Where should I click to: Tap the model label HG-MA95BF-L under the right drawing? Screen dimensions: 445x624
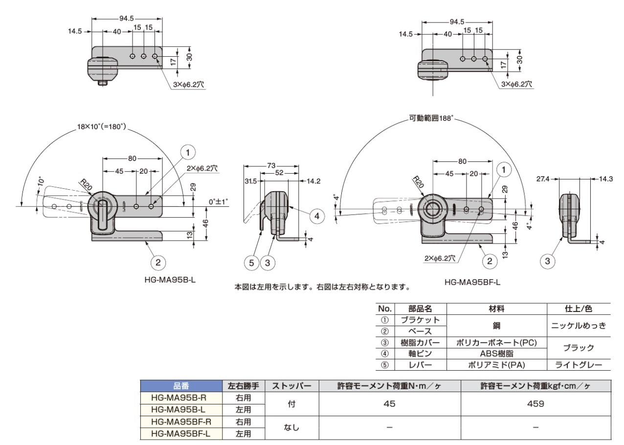click(473, 282)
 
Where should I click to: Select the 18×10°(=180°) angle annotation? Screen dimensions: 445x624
click(102, 127)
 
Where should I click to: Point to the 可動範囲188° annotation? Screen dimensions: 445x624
click(432, 118)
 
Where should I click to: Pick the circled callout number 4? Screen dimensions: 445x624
click(317, 216)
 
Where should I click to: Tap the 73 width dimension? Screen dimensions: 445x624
click(271, 166)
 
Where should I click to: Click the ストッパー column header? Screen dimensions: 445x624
click(291, 386)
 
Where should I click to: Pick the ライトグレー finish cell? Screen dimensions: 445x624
click(579, 365)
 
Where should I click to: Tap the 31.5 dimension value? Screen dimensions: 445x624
click(251, 179)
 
